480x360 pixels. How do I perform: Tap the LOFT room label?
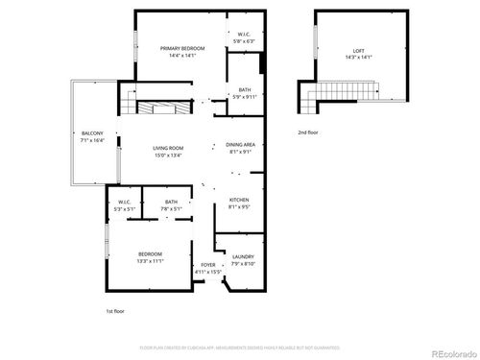click(359, 49)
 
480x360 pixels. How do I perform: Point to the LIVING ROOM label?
click(168, 148)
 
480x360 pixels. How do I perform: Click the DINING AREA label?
click(240, 144)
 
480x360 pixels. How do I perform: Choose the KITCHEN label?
click(239, 199)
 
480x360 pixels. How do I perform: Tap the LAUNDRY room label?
click(243, 256)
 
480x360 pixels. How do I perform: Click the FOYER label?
click(207, 265)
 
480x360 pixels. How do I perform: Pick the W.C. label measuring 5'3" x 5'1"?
click(124, 202)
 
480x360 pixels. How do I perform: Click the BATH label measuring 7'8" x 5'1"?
click(171, 202)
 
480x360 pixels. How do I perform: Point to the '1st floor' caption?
click(115, 312)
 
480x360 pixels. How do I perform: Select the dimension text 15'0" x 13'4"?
click(168, 155)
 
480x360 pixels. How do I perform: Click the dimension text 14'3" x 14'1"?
click(359, 56)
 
